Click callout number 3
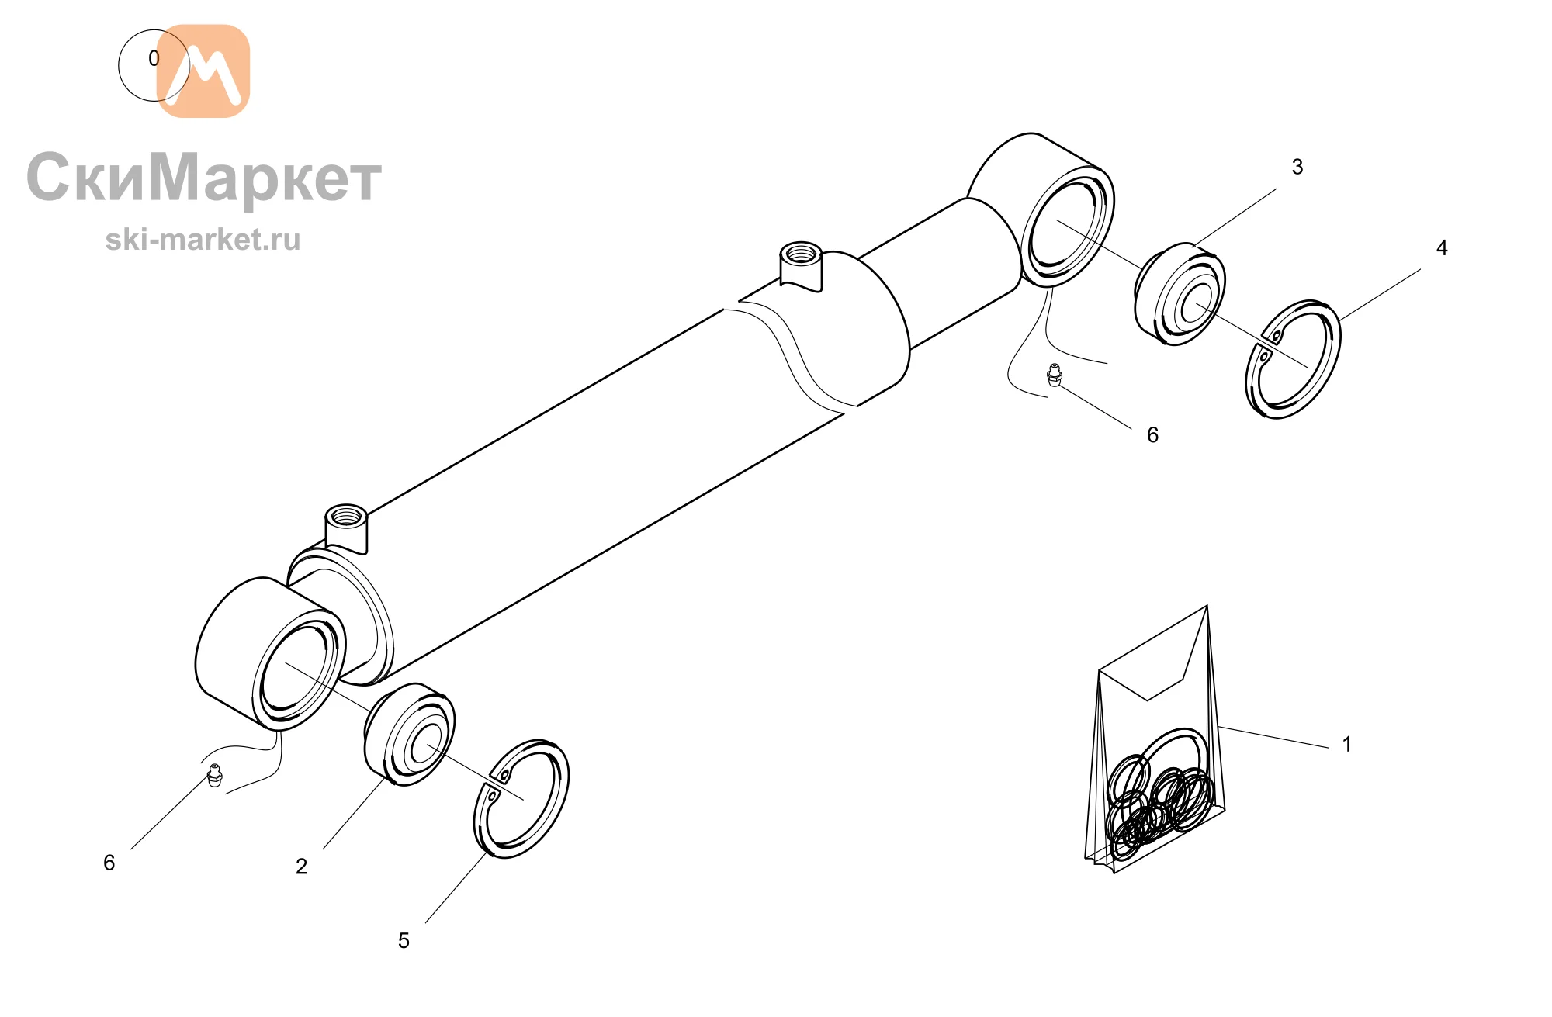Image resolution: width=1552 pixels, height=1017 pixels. click(x=1297, y=167)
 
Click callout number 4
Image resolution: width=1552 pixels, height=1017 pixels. click(x=1442, y=247)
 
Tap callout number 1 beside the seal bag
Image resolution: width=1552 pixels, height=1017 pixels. click(x=1347, y=744)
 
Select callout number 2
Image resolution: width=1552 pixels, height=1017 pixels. click(x=302, y=866)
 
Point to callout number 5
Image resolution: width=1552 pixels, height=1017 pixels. click(x=404, y=940)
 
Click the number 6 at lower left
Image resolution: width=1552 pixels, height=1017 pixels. click(x=109, y=863)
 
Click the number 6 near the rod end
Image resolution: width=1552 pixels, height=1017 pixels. click(x=1152, y=434)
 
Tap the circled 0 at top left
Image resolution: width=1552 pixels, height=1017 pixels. click(x=154, y=65)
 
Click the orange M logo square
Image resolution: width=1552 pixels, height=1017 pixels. click(x=203, y=71)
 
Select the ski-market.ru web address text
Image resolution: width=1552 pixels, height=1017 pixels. click(x=203, y=240)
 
